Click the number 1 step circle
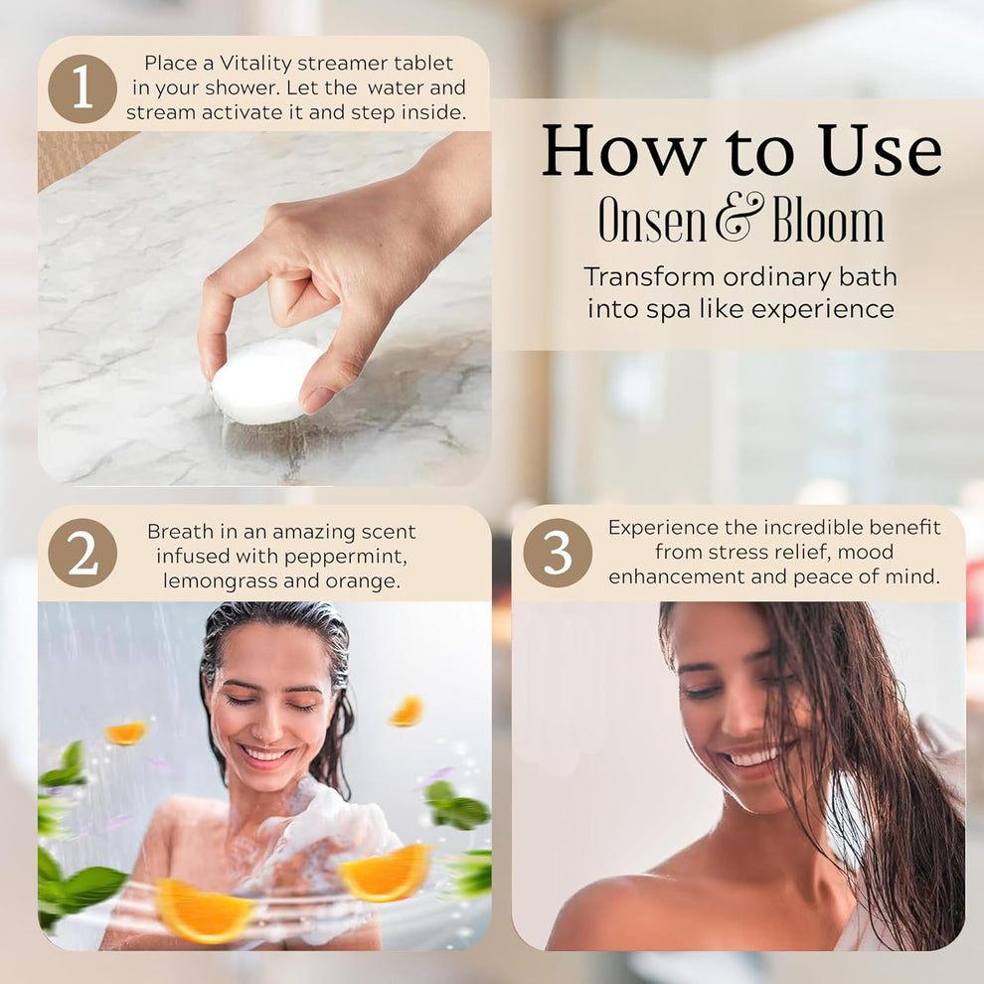click(82, 88)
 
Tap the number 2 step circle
click(82, 553)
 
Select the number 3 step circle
click(558, 553)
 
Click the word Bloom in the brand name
click(828, 221)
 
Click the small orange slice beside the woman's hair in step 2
click(407, 711)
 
